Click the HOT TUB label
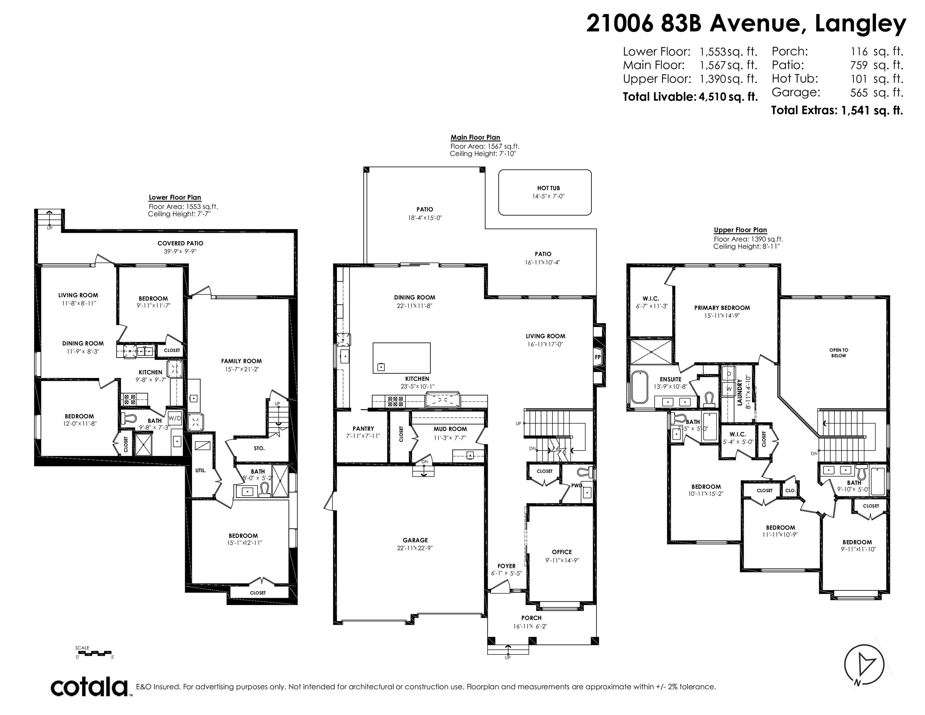point(549,188)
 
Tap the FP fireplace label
point(598,357)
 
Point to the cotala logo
point(90,687)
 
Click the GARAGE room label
point(415,540)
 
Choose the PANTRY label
point(363,429)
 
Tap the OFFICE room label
point(562,552)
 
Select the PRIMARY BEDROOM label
point(722,308)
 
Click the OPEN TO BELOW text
point(839,353)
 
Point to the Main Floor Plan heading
point(475,137)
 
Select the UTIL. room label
point(200,470)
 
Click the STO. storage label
point(259,448)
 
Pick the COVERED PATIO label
point(180,243)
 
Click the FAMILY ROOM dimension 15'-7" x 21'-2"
point(241,369)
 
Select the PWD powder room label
point(577,485)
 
